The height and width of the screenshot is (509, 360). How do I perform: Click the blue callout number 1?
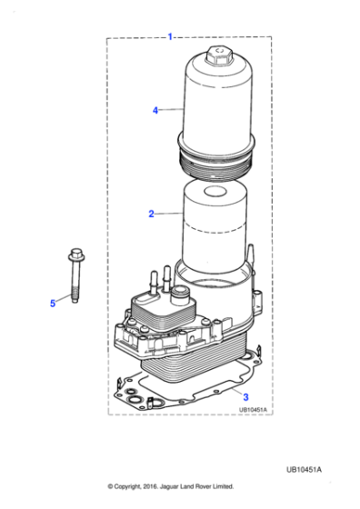[170, 36]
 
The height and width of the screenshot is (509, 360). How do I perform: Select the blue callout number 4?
[155, 110]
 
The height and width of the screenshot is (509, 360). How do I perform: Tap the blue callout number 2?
[151, 215]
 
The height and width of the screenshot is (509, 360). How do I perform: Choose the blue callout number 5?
[53, 303]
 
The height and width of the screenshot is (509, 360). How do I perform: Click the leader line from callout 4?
[173, 110]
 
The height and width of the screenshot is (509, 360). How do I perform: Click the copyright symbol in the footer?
[111, 486]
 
